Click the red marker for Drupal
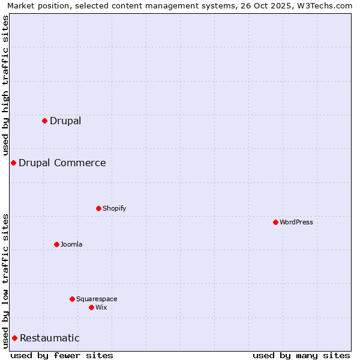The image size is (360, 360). point(44,121)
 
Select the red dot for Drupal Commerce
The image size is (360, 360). point(13,163)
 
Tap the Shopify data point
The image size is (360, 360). point(98,208)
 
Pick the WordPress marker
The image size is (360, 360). point(275,222)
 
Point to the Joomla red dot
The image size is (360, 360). point(56,244)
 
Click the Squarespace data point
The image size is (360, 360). point(72,299)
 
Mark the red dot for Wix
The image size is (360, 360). point(91,307)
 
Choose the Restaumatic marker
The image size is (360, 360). point(14,338)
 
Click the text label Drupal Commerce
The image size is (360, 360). point(62,163)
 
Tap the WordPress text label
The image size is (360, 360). point(296,222)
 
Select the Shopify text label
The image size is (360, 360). point(115,208)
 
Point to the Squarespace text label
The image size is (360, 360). point(97,299)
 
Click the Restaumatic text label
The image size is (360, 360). point(50,338)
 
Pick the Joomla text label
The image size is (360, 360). point(71,244)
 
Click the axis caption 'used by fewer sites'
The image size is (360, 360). point(62,355)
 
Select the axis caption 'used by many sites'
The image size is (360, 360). point(301,355)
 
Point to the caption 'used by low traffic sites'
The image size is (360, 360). point(5,280)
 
